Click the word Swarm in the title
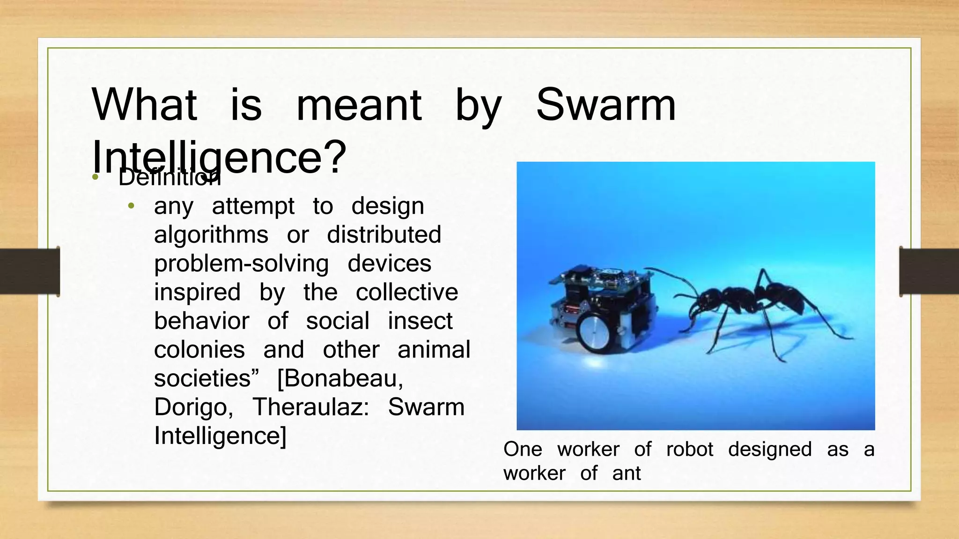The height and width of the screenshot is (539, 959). tap(606, 105)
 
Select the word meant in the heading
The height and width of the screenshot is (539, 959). tap(359, 105)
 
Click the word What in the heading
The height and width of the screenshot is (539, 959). tap(144, 105)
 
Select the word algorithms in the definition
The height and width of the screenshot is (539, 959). tap(211, 235)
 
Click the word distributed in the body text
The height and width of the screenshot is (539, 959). tap(384, 235)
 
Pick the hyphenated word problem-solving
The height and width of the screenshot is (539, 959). tap(241, 263)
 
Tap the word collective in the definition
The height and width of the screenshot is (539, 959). tap(406, 292)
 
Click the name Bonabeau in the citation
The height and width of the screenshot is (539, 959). tap(340, 379)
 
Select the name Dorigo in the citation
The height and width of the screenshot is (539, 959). tap(193, 407)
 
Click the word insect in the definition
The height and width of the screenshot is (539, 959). tap(420, 321)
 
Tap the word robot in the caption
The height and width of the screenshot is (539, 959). tap(689, 450)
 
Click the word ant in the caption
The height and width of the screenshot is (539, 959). tap(626, 473)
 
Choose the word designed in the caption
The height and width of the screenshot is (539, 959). tap(770, 450)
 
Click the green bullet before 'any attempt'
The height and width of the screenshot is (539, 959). tap(132, 206)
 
